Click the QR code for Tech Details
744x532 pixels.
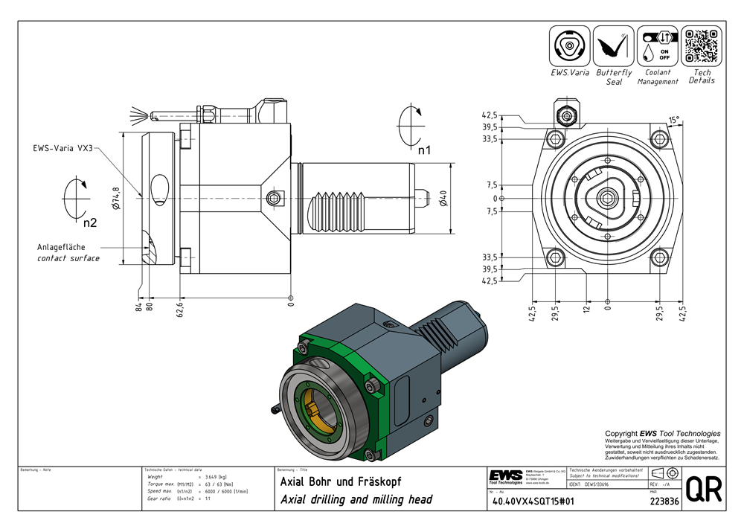coord(701,46)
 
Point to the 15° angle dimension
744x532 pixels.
coord(673,120)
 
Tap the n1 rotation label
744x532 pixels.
coord(424,150)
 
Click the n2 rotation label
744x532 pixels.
coord(89,221)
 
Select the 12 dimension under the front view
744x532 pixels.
coord(586,309)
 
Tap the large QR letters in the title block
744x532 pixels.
coord(702,491)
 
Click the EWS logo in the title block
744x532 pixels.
coord(506,476)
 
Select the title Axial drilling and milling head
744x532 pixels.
coord(356,499)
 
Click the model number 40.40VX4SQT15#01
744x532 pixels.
coord(531,501)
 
